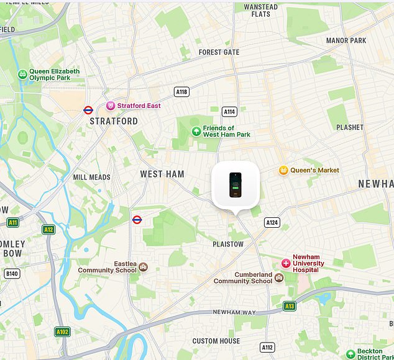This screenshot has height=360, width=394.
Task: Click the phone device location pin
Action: [236, 185]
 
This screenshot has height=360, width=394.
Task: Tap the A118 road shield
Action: [181, 92]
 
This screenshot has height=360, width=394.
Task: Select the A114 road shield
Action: [230, 112]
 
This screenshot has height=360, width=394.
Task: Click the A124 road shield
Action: [272, 222]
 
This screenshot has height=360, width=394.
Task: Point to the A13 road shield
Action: [290, 306]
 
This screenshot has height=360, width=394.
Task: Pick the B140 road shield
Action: [12, 273]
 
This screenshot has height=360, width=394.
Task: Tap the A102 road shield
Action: [62, 331]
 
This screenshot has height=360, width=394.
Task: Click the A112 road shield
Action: [267, 348]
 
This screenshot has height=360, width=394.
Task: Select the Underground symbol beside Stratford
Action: [88, 110]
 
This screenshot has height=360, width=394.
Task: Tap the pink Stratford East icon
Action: [111, 106]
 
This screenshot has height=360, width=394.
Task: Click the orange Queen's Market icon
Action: [283, 170]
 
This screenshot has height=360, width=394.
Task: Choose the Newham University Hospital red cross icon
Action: [286, 263]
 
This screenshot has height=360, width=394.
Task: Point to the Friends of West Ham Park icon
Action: [196, 131]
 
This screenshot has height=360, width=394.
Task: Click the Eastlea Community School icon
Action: [144, 267]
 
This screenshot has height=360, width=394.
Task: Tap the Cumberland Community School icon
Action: [279, 277]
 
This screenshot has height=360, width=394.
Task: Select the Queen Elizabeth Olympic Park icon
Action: [22, 74]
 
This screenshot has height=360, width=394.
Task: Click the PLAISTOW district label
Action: [228, 245]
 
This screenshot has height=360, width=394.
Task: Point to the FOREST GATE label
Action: [219, 52]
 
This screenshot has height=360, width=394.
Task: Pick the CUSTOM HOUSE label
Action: [216, 341]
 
